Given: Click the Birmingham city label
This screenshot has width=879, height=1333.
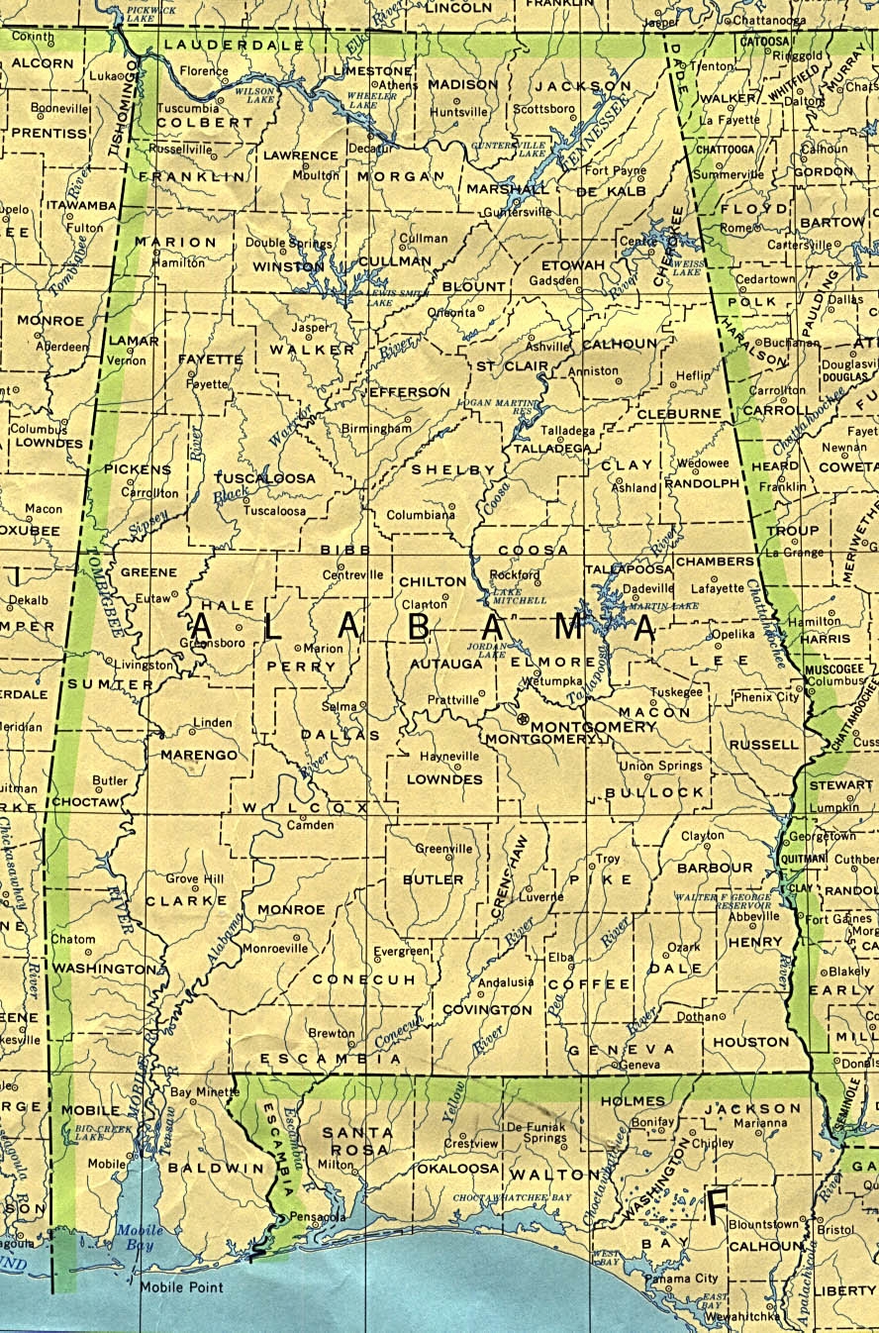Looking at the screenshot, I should pyautogui.click(x=376, y=428).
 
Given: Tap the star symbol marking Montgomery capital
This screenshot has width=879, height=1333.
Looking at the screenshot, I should pyautogui.click(x=522, y=718).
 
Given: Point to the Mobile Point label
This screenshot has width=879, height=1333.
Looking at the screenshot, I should pyautogui.click(x=181, y=1287).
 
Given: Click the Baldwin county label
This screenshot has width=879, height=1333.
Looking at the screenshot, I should pyautogui.click(x=203, y=1169).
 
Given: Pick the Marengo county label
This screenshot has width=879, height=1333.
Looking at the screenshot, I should pyautogui.click(x=199, y=755).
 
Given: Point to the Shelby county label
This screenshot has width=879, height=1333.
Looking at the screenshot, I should pyautogui.click(x=452, y=469).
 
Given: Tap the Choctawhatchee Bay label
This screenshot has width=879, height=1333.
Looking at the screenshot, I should pyautogui.click(x=513, y=1198).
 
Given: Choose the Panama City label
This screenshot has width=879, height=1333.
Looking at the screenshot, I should pyautogui.click(x=681, y=1279).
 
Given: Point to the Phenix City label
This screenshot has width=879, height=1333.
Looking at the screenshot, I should pyautogui.click(x=766, y=697).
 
